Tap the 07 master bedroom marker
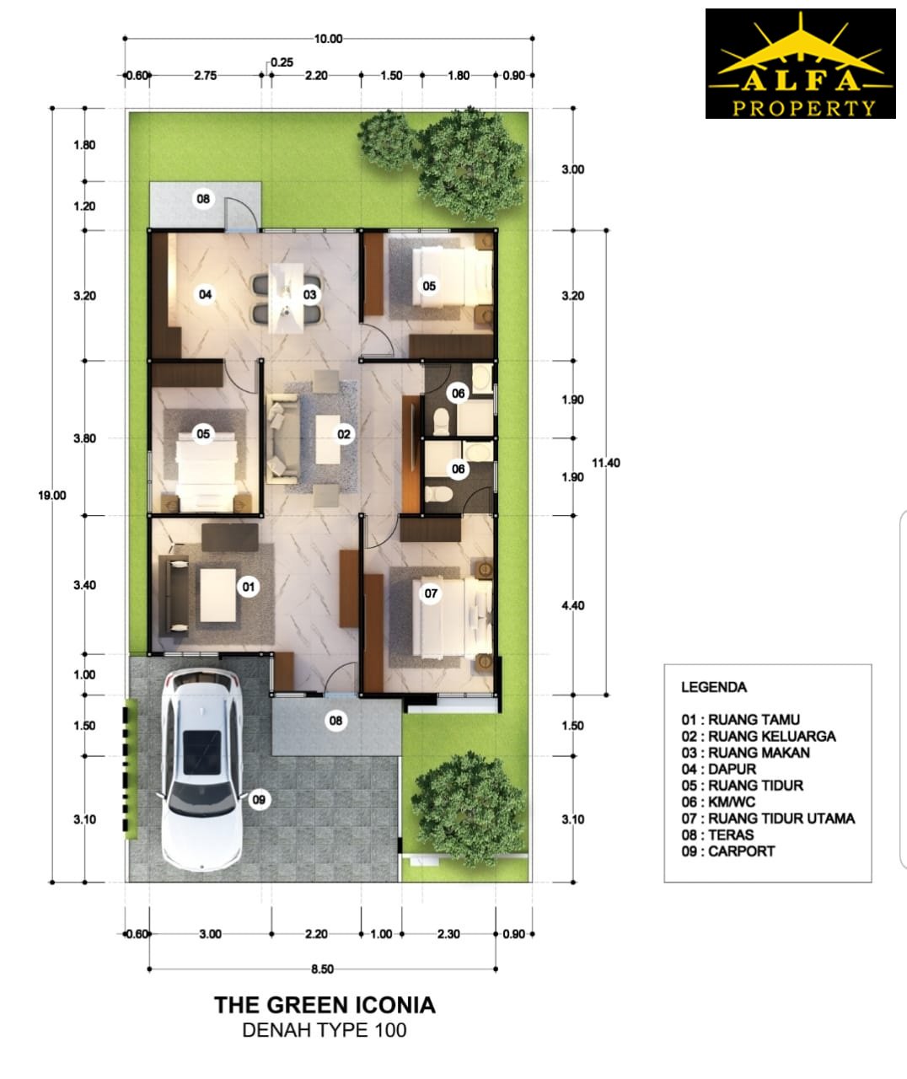[431, 593]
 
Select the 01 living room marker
[249, 587]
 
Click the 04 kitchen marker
[205, 294]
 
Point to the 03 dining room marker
[309, 294]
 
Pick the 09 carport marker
[259, 800]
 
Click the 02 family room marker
[344, 434]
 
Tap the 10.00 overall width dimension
[329, 39]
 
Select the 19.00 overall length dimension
[52, 496]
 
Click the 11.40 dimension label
[606, 463]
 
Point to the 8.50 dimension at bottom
[323, 969]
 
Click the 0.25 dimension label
[282, 62]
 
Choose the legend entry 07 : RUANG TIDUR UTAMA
[768, 818]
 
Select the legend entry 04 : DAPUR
[718, 769]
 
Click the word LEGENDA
[714, 687]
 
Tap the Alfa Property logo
[801, 63]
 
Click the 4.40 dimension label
[573, 605]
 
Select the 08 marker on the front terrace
[335, 721]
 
